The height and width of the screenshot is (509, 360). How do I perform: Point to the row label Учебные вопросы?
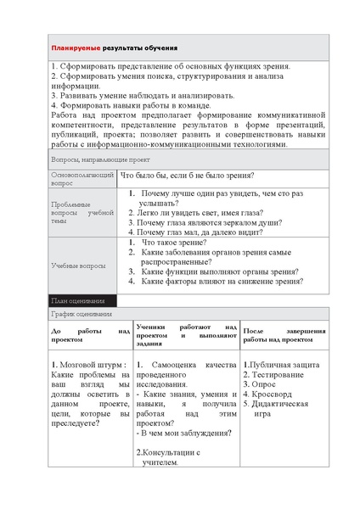pos(78,265)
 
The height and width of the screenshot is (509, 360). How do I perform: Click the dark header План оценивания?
pos(77,300)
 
